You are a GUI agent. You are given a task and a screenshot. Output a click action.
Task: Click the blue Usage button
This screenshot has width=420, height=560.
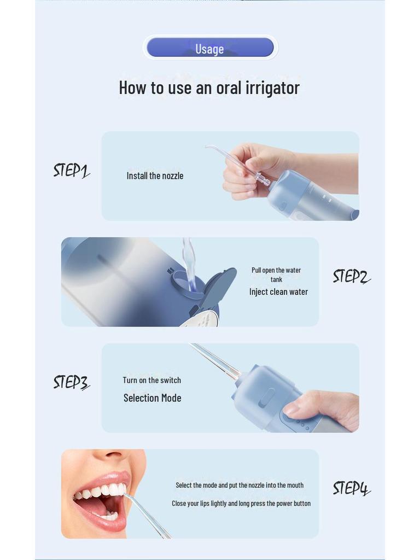click(x=210, y=48)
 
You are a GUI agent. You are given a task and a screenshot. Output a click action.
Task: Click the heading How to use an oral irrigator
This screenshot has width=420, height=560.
click(x=209, y=87)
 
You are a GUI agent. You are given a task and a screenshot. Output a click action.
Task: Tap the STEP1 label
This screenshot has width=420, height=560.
click(x=71, y=171)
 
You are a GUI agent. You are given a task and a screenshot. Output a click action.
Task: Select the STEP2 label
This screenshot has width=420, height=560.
click(x=351, y=276)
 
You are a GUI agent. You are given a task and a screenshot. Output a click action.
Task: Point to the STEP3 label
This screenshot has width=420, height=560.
click(x=71, y=382)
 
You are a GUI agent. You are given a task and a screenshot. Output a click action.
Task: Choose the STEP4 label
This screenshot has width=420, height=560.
click(x=351, y=488)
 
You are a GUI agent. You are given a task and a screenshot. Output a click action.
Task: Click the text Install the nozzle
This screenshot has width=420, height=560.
click(x=155, y=176)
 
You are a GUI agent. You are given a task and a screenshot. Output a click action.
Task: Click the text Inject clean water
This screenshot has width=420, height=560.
click(x=278, y=292)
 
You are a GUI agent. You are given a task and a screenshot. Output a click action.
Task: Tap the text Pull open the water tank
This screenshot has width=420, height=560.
click(x=276, y=275)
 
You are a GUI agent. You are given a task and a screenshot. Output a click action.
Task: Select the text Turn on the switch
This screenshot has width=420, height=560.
click(x=151, y=381)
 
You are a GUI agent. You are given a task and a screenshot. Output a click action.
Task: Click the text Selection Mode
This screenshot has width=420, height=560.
click(x=152, y=398)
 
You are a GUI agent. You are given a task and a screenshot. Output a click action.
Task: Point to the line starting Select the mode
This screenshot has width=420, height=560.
click(x=240, y=485)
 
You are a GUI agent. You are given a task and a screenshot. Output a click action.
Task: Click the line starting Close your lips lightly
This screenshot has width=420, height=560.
click(x=241, y=503)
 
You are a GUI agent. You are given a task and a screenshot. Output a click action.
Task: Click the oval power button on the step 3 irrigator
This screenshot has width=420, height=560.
click(x=266, y=397)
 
